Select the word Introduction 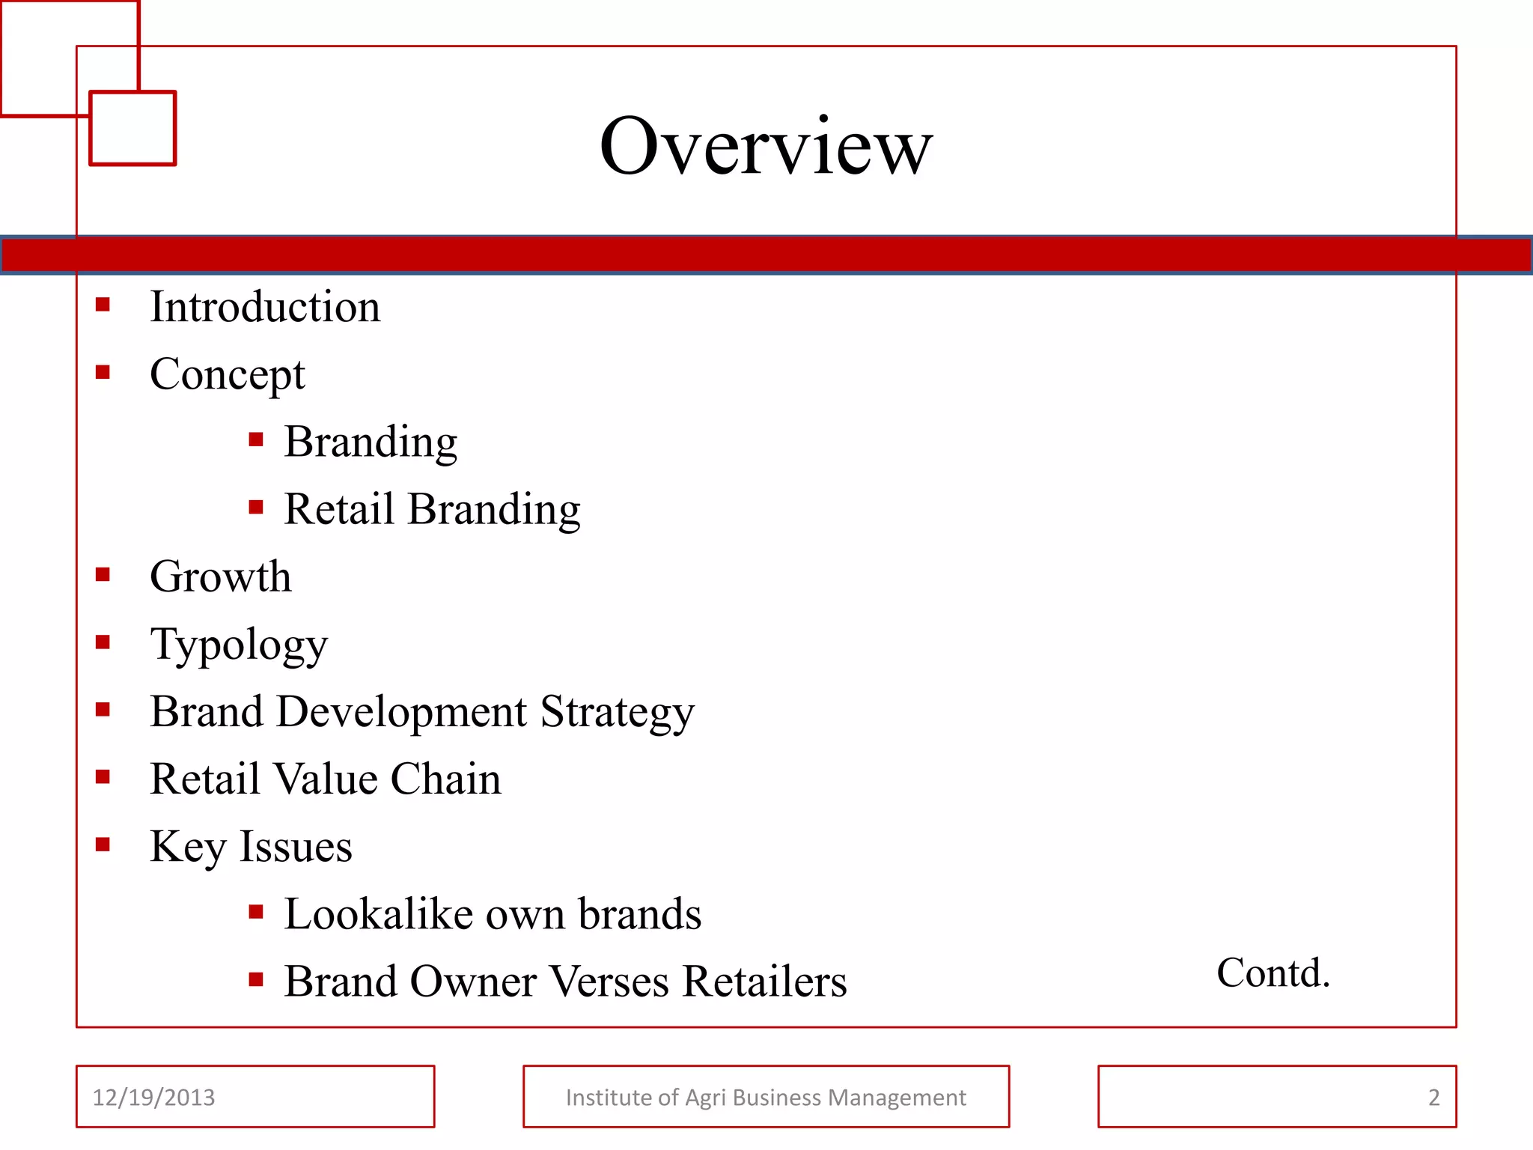265,307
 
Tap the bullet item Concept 227,374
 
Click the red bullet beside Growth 103,575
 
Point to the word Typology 239,645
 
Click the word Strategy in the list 617,712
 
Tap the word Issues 296,847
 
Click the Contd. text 1273,973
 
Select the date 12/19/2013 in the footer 153,1098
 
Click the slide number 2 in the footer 1433,1098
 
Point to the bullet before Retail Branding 256,508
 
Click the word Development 401,712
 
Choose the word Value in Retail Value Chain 326,779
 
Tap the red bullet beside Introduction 103,305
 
